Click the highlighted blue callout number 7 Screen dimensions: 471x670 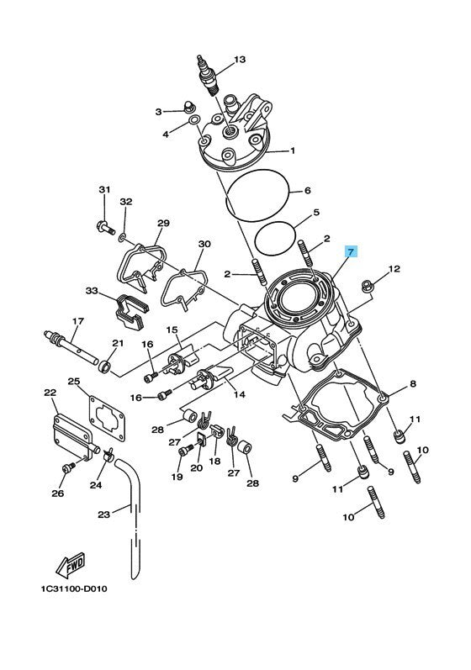351,252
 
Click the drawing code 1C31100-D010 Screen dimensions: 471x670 74,588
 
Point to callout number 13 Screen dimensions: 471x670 241,60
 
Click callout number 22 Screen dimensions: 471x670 50,393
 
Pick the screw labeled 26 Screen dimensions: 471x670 68,467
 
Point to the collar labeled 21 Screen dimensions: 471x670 105,367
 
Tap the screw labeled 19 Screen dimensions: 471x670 184,451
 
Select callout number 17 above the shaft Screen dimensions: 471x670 77,320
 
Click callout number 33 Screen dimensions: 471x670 92,291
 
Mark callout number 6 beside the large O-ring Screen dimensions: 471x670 307,190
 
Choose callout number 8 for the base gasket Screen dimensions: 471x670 412,383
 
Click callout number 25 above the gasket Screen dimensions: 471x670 74,380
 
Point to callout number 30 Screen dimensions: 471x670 204,244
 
